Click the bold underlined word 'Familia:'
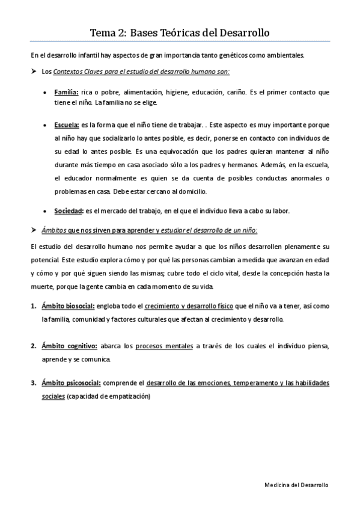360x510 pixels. pos(66,93)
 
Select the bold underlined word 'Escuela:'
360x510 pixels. pos(67,124)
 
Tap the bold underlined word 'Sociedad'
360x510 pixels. pos(67,210)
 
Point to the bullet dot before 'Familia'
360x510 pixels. pos(47,93)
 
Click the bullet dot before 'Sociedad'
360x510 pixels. pos(47,211)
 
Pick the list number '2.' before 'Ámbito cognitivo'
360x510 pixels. pos(34,346)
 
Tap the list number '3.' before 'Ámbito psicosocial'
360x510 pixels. pos(34,382)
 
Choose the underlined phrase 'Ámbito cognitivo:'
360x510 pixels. pos(70,346)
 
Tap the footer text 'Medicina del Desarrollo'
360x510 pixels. pos(297,484)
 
